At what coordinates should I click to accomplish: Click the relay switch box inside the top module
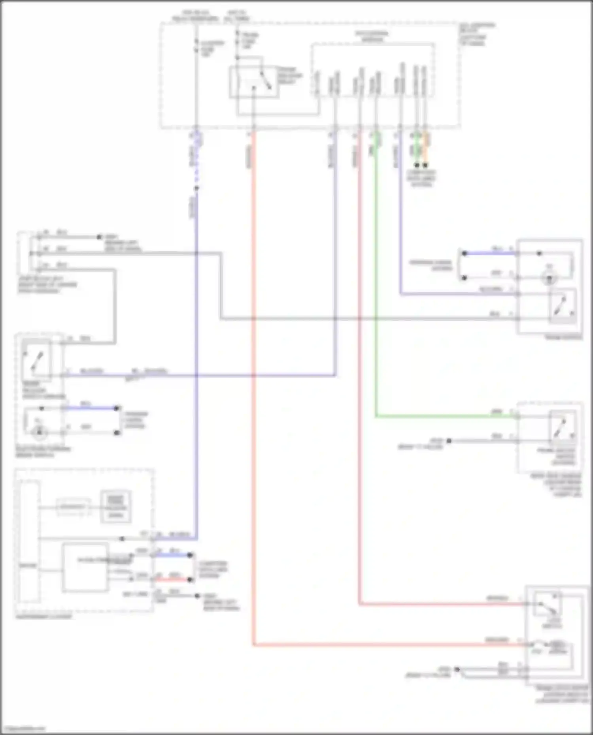pos(254,82)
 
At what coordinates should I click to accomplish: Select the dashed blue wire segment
pos(196,166)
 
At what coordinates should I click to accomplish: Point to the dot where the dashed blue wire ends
pos(196,188)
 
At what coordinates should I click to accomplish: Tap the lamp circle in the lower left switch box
pos(39,432)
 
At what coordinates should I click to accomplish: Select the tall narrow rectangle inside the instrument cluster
pos(28,541)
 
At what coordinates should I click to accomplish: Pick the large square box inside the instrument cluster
pos(85,567)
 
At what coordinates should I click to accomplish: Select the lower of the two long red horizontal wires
pos(387,645)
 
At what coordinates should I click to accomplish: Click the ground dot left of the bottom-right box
pos(457,669)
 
